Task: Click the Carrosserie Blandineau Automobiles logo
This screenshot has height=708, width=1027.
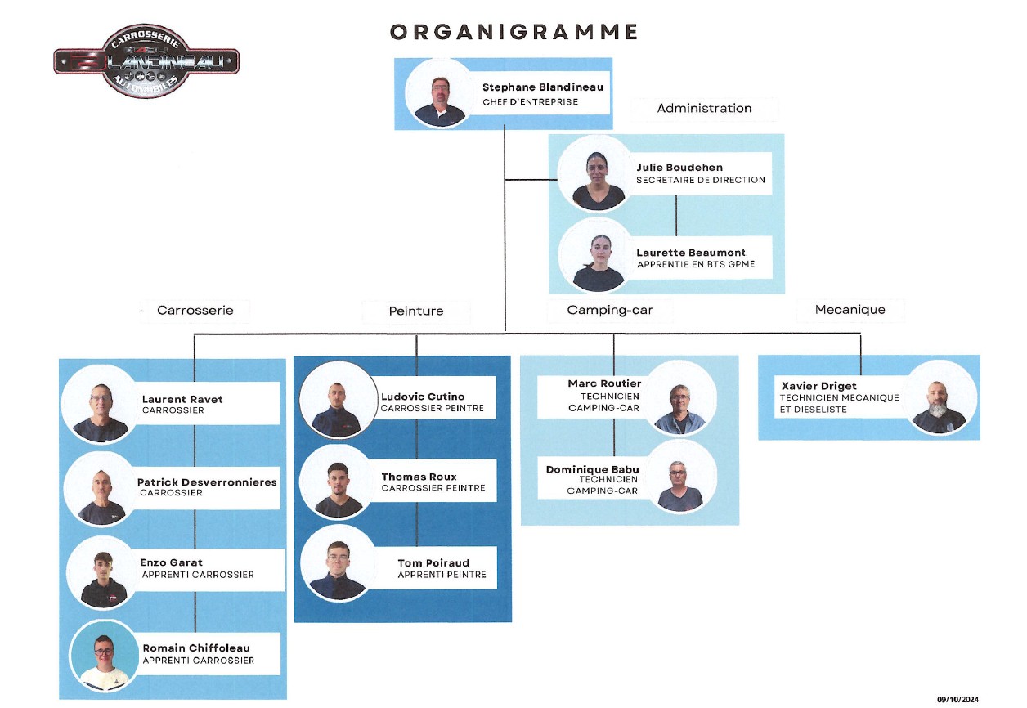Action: [146, 60]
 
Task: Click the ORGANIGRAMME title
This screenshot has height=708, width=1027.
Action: [513, 32]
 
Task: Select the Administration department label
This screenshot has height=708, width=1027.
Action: [704, 108]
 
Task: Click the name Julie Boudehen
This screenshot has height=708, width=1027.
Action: [679, 168]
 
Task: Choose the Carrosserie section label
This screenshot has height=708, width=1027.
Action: [195, 311]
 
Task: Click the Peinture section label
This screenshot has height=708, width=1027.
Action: [415, 311]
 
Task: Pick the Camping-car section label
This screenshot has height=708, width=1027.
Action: [610, 311]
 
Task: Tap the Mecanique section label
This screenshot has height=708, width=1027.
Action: [850, 310]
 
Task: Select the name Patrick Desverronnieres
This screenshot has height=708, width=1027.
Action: [207, 482]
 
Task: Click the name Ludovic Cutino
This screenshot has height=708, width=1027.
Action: [423, 397]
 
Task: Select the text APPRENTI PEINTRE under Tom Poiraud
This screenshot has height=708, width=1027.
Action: [442, 575]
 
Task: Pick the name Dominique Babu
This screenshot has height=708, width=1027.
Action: [593, 469]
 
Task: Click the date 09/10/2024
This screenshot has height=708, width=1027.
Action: [957, 699]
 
